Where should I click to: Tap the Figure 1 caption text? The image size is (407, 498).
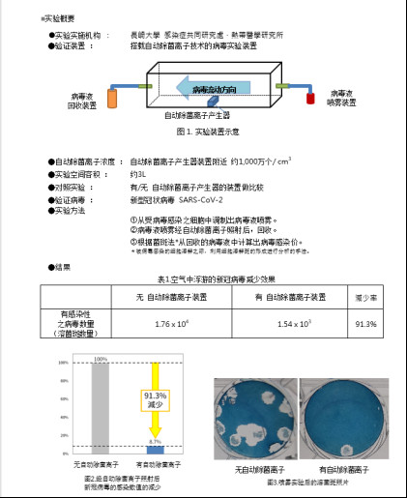tap(202, 130)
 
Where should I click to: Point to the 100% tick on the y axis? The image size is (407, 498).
tap(62, 363)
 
